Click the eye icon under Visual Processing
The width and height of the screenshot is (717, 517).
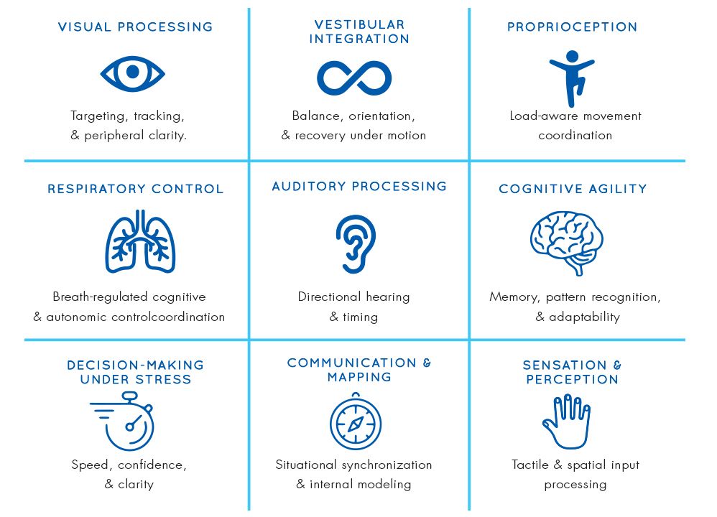point(132,73)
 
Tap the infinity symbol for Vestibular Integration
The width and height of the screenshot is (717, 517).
point(354,78)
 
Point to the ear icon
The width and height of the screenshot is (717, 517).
point(356,243)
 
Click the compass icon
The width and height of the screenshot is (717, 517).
point(355,424)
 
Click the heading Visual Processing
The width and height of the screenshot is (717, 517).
point(135,27)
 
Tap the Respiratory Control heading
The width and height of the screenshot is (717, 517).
point(136,190)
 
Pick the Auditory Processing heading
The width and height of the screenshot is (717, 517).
point(359,187)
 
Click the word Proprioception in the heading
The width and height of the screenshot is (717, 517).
point(572,27)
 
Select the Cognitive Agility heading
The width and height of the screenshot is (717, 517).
point(573,190)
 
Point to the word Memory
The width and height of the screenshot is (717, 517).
point(513,297)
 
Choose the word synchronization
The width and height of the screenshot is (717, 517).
point(385,465)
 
